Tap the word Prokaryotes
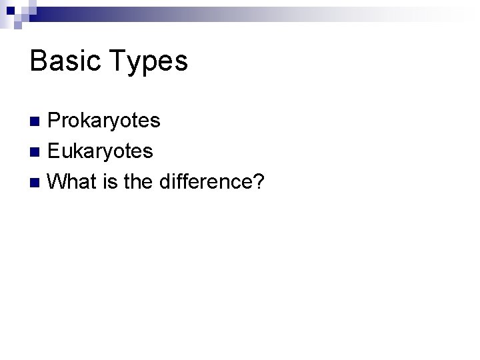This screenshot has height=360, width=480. (105, 121)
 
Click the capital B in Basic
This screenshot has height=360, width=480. (38, 61)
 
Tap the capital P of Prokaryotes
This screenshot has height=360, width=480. (55, 121)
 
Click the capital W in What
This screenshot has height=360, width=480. (59, 181)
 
